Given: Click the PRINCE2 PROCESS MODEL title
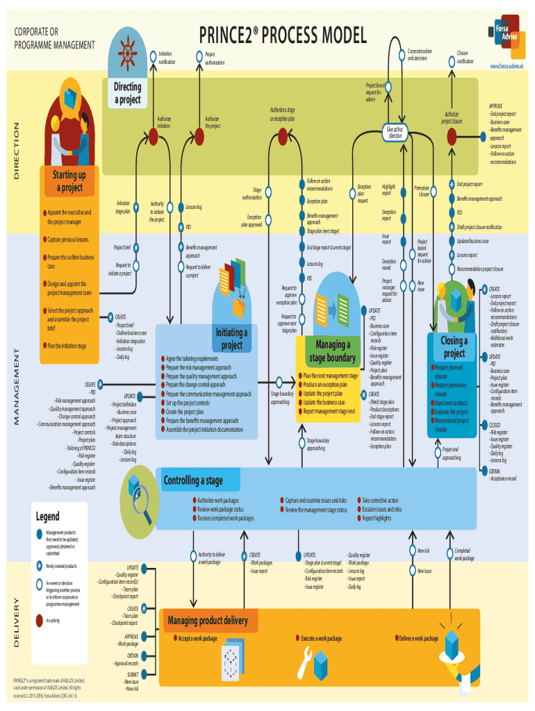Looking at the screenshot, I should click(x=283, y=35).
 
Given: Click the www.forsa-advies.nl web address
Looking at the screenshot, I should click(x=505, y=66).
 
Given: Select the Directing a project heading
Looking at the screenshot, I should click(x=127, y=93).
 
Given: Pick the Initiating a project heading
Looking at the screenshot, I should click(x=231, y=339).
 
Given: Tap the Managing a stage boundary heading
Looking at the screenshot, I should click(x=333, y=351).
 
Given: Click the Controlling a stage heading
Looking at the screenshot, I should click(x=193, y=480).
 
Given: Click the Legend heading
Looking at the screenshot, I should click(x=48, y=517).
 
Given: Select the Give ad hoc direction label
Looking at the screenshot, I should click(x=395, y=133).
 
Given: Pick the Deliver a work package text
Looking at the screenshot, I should click(x=419, y=638).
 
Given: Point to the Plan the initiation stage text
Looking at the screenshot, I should click(x=66, y=346).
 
